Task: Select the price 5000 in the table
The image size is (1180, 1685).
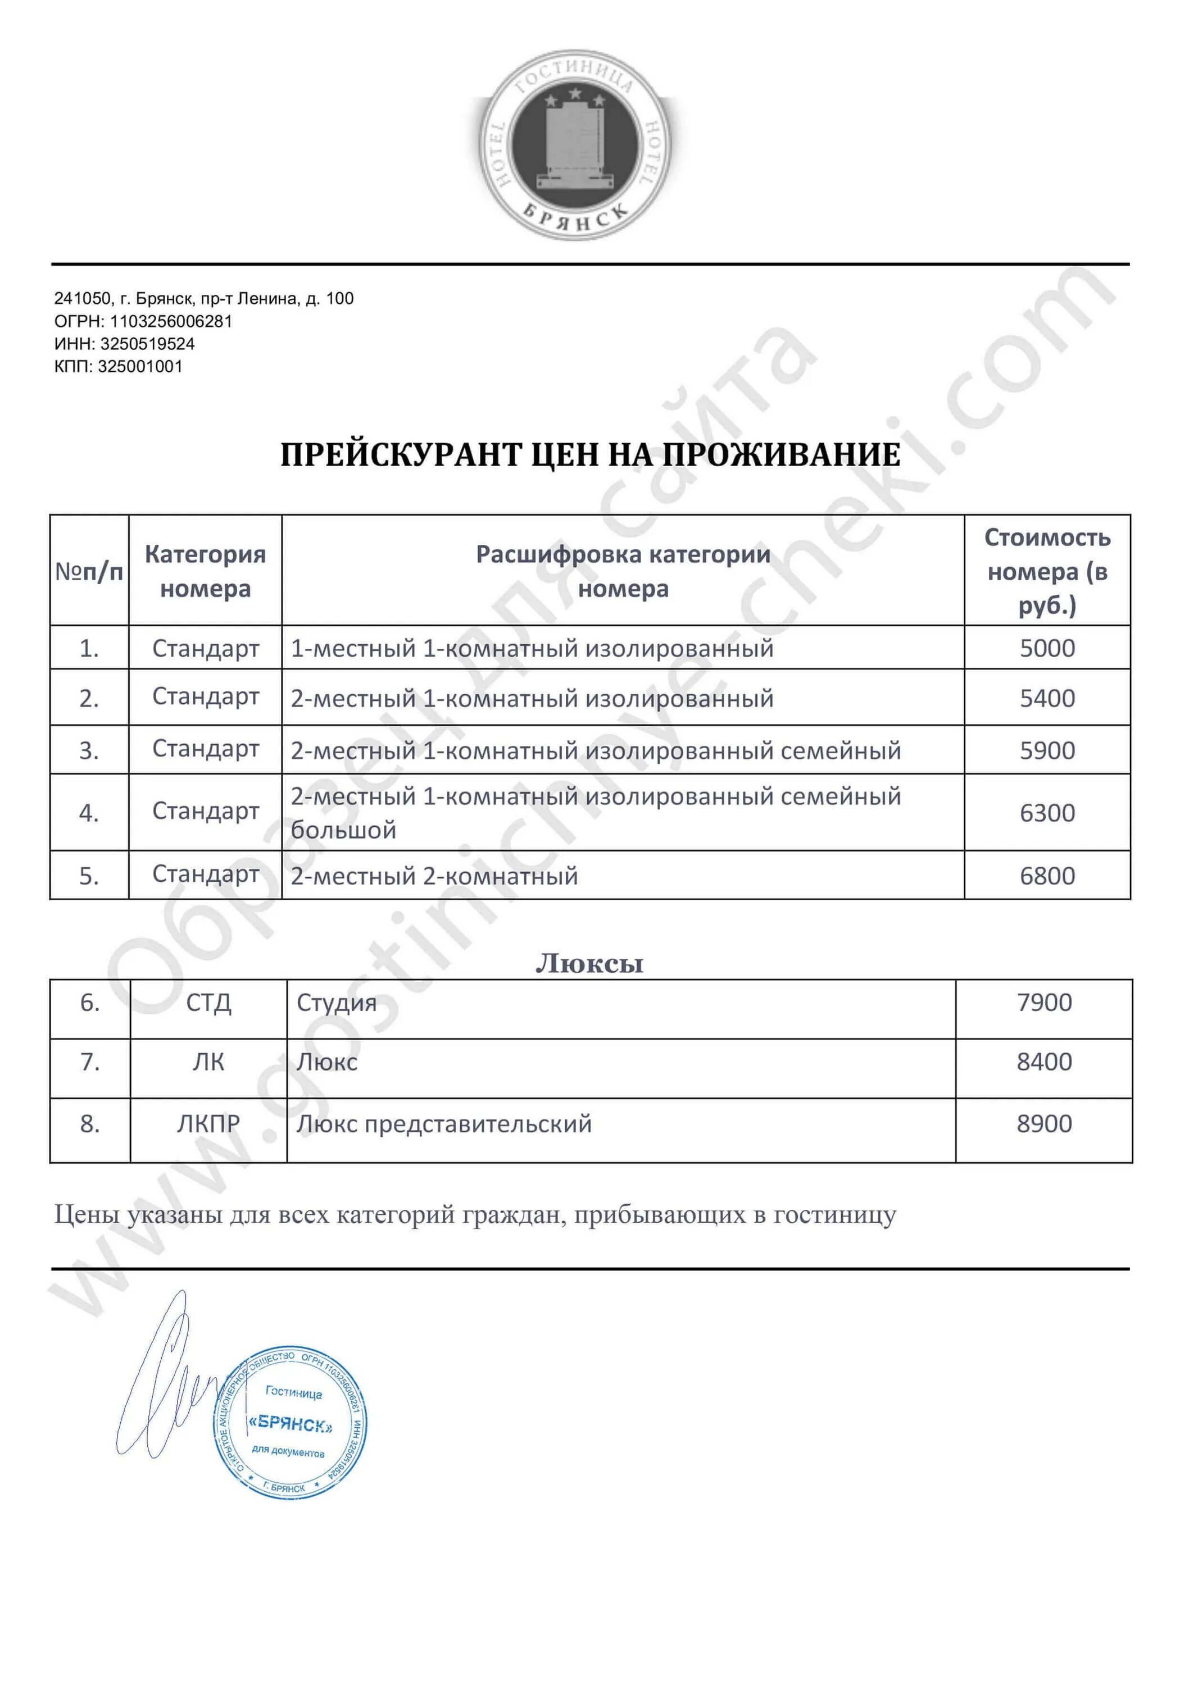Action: [1046, 648]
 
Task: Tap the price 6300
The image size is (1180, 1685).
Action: [1046, 812]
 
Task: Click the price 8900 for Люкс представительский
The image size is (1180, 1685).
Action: [1043, 1123]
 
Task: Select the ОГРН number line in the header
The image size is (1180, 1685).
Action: [143, 321]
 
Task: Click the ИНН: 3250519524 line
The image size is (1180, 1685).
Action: [124, 343]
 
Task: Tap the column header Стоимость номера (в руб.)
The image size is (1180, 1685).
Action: [1046, 571]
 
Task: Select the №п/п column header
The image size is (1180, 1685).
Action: [89, 571]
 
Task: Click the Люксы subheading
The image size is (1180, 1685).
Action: [589, 963]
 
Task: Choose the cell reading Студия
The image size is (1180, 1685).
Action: [337, 1003]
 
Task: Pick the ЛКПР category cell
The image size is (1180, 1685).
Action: [208, 1123]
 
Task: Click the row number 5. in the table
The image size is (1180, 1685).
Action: [89, 876]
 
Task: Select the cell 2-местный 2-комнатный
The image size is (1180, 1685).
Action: [434, 876]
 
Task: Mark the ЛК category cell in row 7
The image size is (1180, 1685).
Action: [208, 1062]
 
